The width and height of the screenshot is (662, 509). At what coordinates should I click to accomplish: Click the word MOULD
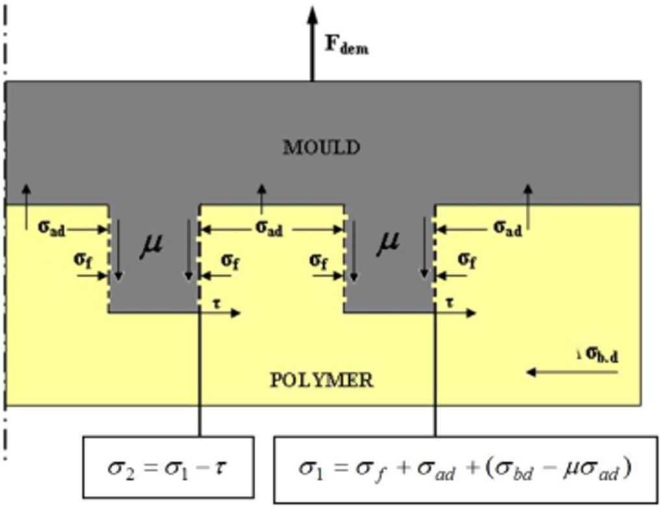[x=321, y=147]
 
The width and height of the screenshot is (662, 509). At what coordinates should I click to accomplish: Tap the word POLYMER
[x=321, y=379]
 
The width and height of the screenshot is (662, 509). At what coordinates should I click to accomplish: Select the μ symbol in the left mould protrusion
[x=153, y=245]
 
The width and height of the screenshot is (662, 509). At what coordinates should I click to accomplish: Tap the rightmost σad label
[x=508, y=228]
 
